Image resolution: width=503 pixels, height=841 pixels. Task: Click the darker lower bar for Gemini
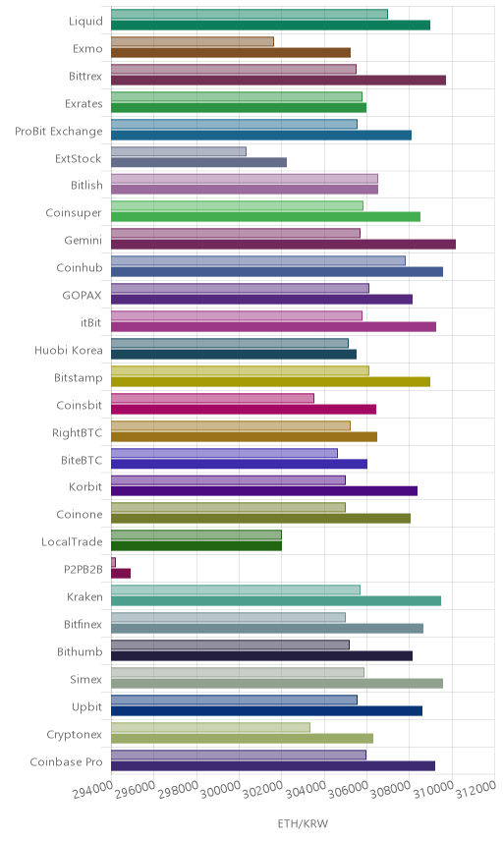pyautogui.click(x=283, y=244)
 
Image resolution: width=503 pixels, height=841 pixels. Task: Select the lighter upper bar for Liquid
pyautogui.click(x=250, y=14)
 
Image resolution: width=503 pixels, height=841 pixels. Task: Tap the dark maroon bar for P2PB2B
pyautogui.click(x=121, y=574)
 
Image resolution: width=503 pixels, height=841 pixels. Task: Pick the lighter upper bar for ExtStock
pyautogui.click(x=179, y=151)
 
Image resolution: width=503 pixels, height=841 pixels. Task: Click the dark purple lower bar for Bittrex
pyautogui.click(x=278, y=80)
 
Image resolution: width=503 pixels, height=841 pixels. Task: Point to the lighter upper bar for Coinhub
pyautogui.click(x=258, y=260)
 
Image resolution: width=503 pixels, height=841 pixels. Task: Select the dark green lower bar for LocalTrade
pyautogui.click(x=196, y=546)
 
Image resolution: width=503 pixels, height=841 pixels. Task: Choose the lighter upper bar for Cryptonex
pyautogui.click(x=211, y=727)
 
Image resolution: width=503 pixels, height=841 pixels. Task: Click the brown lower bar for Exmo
pyautogui.click(x=231, y=53)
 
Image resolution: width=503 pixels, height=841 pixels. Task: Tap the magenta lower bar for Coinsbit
pyautogui.click(x=244, y=410)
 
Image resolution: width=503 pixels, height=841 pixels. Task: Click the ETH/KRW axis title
pyautogui.click(x=303, y=823)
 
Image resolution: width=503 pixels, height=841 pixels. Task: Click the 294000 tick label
pyautogui.click(x=92, y=789)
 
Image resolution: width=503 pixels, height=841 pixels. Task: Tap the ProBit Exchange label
pyautogui.click(x=58, y=132)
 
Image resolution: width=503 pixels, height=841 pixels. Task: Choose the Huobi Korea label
pyautogui.click(x=69, y=350)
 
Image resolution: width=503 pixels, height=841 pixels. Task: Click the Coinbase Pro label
pyautogui.click(x=66, y=762)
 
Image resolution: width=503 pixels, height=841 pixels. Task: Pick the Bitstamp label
pyautogui.click(x=79, y=378)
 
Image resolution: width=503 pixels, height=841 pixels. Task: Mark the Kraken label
pyautogui.click(x=84, y=597)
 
